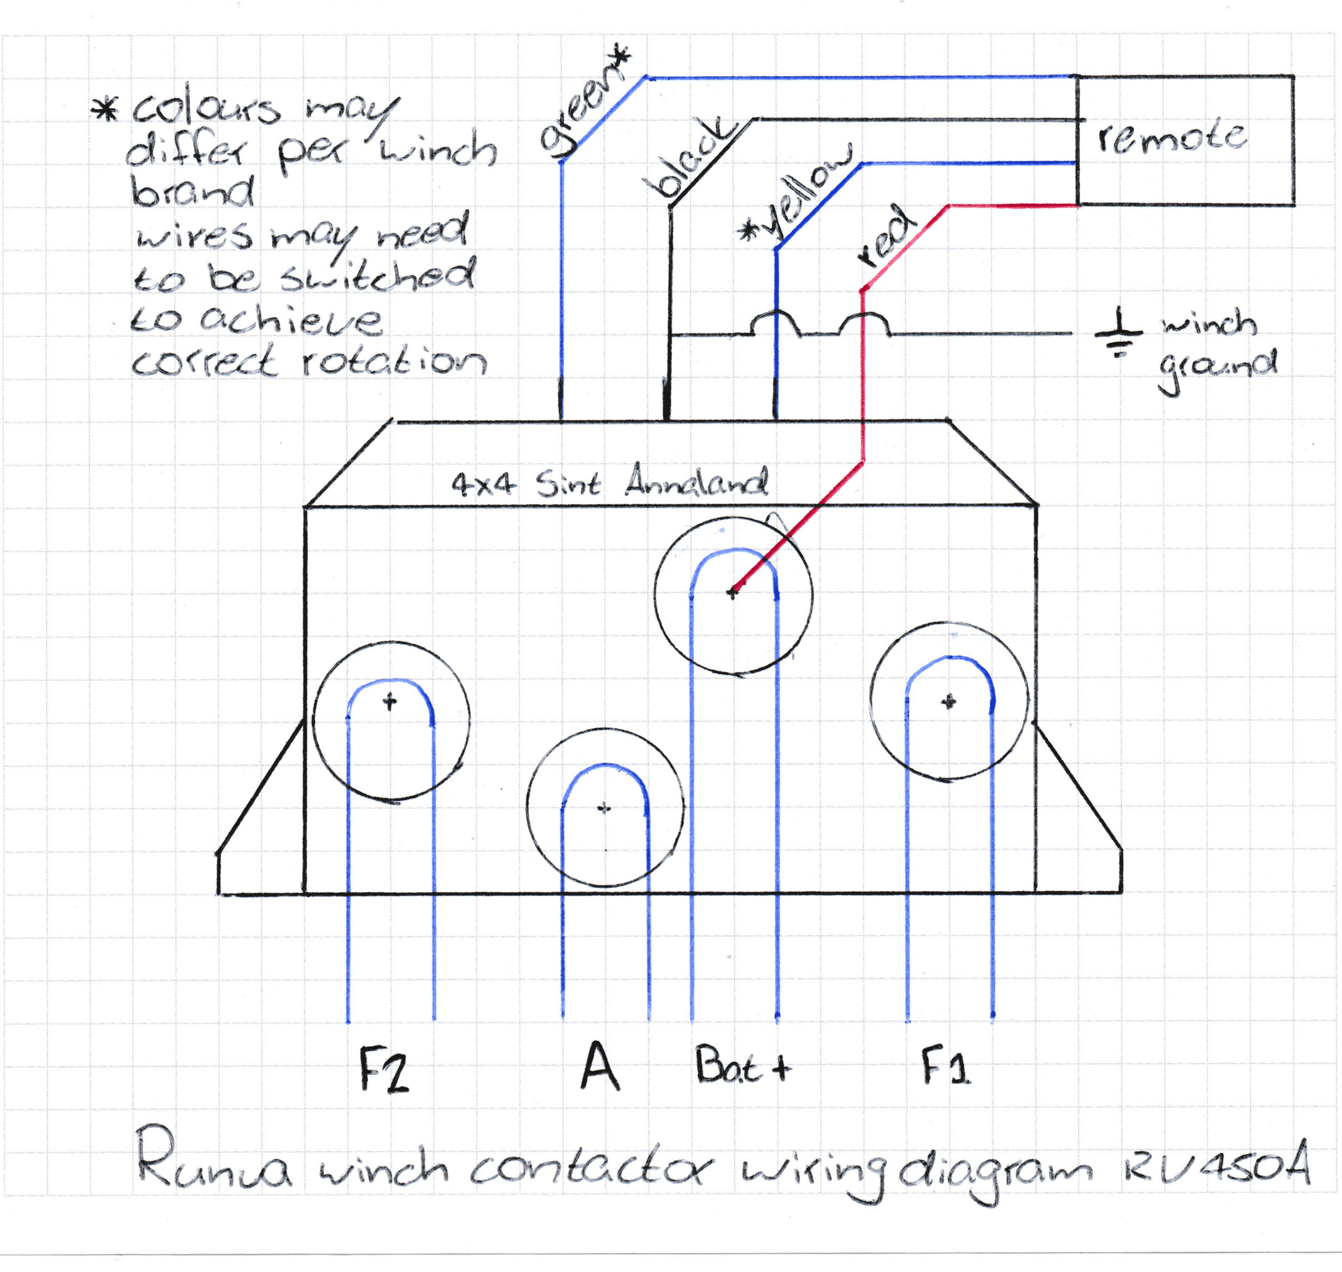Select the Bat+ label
coord(743,1066)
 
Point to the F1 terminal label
coord(946,1066)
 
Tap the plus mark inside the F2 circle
coord(389,701)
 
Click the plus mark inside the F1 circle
coord(949,701)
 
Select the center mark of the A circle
coord(604,807)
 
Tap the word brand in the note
coord(192,192)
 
